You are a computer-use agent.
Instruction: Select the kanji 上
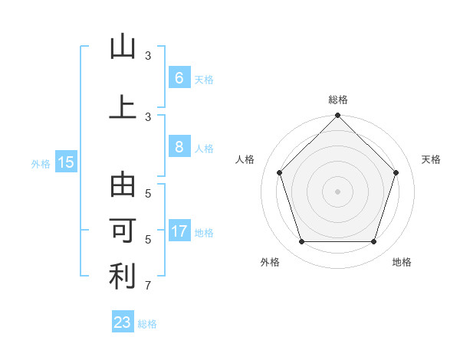coord(123,107)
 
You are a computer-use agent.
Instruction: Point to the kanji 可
coord(123,231)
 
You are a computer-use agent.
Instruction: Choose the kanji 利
coord(123,277)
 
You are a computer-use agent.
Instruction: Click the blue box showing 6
coord(179,77)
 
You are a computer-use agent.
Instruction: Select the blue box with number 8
coord(179,147)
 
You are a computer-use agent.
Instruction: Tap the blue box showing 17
coord(179,231)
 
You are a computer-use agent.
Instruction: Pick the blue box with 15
coord(65,162)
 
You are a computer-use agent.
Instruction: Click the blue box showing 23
coord(123,322)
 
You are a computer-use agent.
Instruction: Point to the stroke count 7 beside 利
coord(148,286)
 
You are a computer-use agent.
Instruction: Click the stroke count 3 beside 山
coord(148,56)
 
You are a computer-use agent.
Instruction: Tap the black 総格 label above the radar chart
coord(337,100)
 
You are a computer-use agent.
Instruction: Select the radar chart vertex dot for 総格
coord(337,116)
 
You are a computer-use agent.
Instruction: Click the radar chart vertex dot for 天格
coord(396,172)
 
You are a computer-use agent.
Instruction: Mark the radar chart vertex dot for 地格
coord(373,242)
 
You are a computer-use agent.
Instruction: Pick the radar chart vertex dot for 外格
coord(301,242)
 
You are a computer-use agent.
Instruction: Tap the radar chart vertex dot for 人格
coord(279,172)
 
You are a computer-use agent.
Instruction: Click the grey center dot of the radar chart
coord(337,191)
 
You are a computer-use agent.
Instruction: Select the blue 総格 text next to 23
coord(147,324)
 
